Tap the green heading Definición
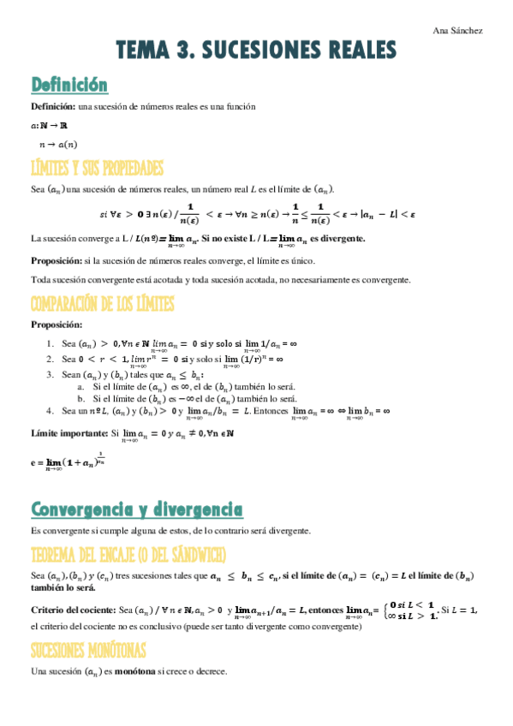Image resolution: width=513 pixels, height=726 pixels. click(69, 85)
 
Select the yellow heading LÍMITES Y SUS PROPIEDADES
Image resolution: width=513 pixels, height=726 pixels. click(97, 166)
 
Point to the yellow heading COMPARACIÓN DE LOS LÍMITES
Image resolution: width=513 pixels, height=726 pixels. click(102, 304)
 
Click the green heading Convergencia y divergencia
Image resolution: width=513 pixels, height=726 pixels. click(137, 509)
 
